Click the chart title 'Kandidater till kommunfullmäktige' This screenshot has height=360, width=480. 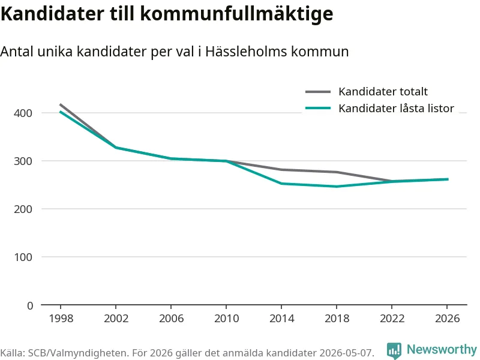pyautogui.click(x=167, y=14)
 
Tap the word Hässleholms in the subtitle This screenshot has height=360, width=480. pyautogui.click(x=246, y=51)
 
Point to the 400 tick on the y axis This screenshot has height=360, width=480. pyautogui.click(x=23, y=113)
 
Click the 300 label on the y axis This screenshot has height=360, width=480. pyautogui.click(x=23, y=161)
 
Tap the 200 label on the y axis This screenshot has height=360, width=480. pyautogui.click(x=23, y=209)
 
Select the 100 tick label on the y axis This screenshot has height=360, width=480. pyautogui.click(x=23, y=257)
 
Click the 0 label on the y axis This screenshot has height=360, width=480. pyautogui.click(x=29, y=305)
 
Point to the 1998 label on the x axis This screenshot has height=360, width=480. pyautogui.click(x=61, y=319)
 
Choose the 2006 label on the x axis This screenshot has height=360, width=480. pyautogui.click(x=171, y=319)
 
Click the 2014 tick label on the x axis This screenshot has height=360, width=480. pyautogui.click(x=281, y=319)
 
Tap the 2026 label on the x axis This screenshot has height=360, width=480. pyautogui.click(x=447, y=319)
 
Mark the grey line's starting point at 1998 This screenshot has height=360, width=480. pyautogui.click(x=61, y=104)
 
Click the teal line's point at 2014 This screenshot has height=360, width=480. pyautogui.click(x=281, y=184)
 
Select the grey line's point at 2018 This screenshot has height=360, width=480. pyautogui.click(x=337, y=172)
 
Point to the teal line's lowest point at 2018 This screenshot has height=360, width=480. pyautogui.click(x=337, y=187)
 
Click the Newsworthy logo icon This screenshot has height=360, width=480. pyautogui.click(x=394, y=350)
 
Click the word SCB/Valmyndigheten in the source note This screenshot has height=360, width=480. pyautogui.click(x=77, y=353)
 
